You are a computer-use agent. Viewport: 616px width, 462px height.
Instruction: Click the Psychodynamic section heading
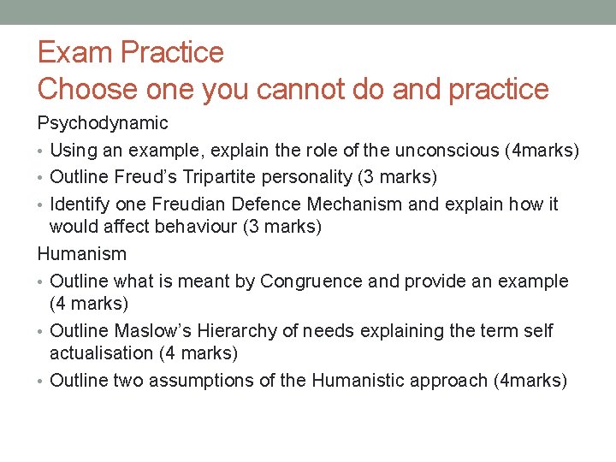tap(103, 124)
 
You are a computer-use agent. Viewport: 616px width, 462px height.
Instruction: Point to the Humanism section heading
tap(82, 254)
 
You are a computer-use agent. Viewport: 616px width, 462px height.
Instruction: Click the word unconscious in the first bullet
tap(437, 151)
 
